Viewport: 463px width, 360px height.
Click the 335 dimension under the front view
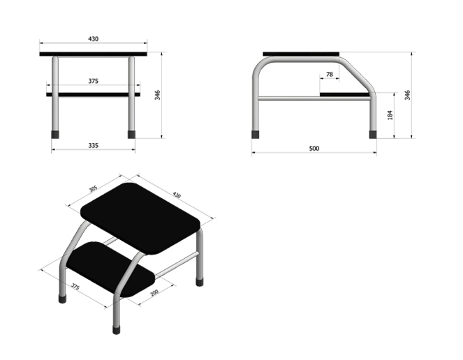pyautogui.click(x=93, y=146)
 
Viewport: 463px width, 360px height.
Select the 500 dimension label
pyautogui.click(x=314, y=149)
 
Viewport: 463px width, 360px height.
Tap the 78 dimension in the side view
pyautogui.click(x=329, y=75)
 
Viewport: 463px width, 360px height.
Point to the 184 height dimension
pyautogui.click(x=390, y=115)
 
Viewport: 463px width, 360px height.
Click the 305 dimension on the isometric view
pyautogui.click(x=93, y=188)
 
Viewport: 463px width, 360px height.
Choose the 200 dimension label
pyautogui.click(x=154, y=293)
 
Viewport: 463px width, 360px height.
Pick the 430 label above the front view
pyautogui.click(x=93, y=39)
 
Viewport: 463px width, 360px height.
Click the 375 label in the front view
pyautogui.click(x=93, y=81)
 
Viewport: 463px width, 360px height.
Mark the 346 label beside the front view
pyautogui.click(x=157, y=95)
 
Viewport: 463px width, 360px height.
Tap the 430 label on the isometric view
pyautogui.click(x=176, y=195)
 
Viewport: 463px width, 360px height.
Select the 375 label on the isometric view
pyautogui.click(x=75, y=287)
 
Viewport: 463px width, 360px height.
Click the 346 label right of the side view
pyautogui.click(x=407, y=95)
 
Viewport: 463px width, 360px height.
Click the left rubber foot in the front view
pyautogui.click(x=55, y=135)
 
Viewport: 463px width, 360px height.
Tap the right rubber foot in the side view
pyautogui.click(x=373, y=135)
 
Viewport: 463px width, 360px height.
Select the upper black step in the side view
pyautogui.click(x=301, y=54)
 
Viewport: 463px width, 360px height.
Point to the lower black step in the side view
pyautogui.click(x=345, y=94)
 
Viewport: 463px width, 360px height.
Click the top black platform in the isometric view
pyautogui.click(x=140, y=218)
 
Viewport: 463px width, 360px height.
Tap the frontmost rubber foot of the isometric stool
pyautogui.click(x=117, y=329)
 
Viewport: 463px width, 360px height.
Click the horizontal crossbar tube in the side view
pyautogui.click(x=314, y=98)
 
